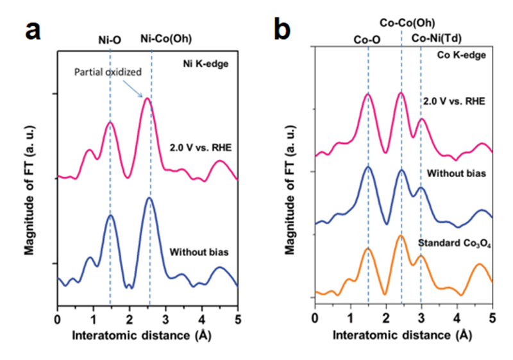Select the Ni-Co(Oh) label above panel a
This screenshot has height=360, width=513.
point(165,39)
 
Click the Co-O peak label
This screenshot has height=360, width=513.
point(367,40)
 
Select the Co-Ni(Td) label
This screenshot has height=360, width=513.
point(437,39)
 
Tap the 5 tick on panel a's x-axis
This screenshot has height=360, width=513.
point(238,318)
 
